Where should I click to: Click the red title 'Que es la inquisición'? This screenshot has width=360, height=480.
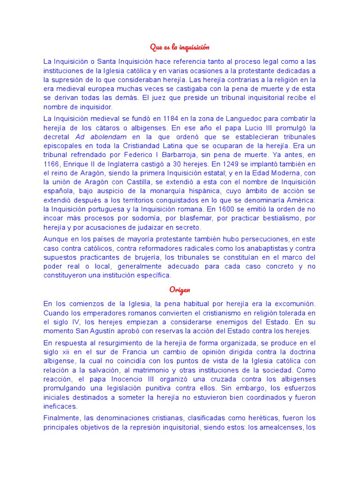180,47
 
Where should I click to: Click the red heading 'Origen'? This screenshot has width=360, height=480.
180,289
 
